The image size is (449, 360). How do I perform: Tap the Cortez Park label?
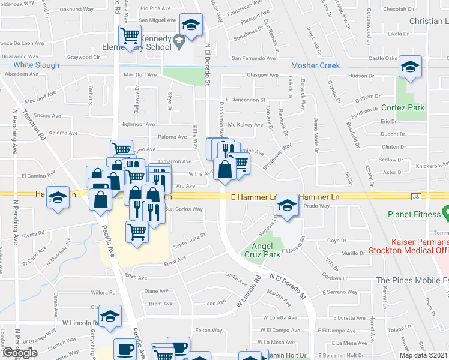pyautogui.click(x=403, y=108)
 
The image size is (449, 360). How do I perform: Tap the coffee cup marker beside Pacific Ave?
pyautogui.click(x=126, y=349)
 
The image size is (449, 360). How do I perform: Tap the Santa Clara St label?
pyautogui.click(x=189, y=240)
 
